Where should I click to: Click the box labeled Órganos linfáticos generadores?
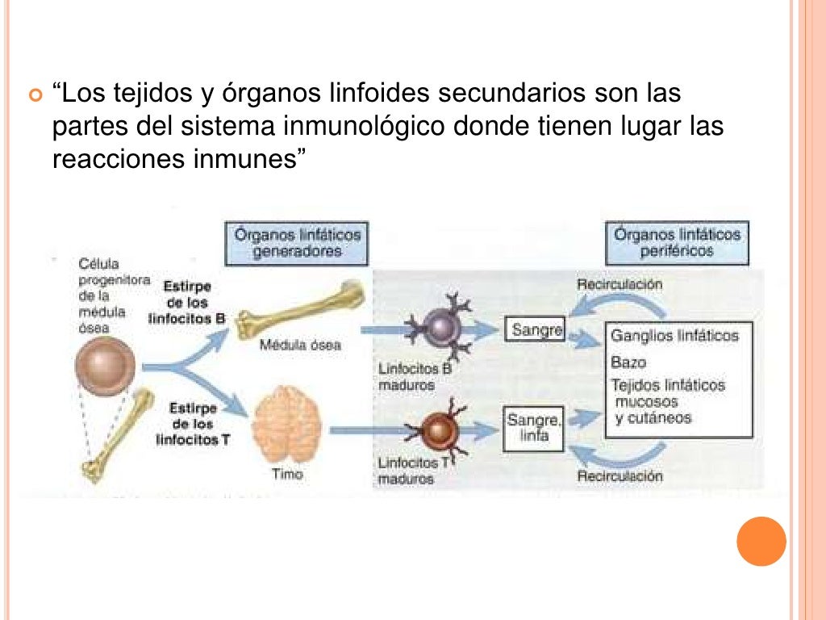click(x=298, y=242)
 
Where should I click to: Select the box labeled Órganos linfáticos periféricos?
click(x=678, y=242)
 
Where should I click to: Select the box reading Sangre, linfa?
click(x=533, y=429)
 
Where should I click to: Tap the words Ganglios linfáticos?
click(x=674, y=335)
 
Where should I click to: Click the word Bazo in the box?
click(x=628, y=363)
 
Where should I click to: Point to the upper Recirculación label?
click(x=620, y=285)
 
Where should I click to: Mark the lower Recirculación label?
click(x=619, y=475)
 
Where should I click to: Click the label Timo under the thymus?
click(x=286, y=475)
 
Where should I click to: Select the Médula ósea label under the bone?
click(x=300, y=345)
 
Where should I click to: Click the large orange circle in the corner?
click(x=761, y=541)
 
